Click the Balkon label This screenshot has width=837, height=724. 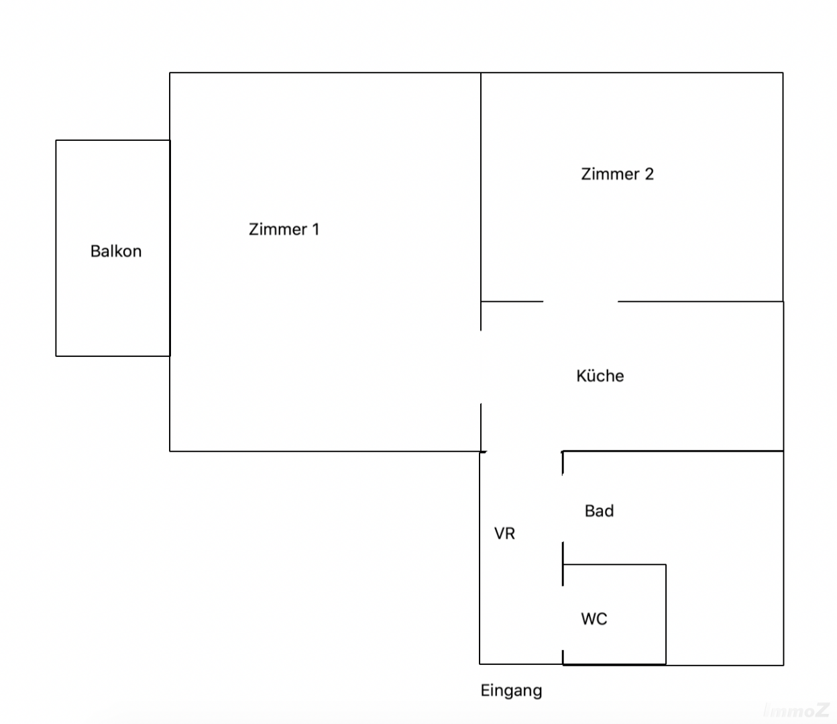(x=116, y=251)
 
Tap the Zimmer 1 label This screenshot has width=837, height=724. (x=284, y=229)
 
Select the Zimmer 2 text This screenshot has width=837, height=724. (x=617, y=174)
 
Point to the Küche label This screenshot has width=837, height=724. (x=600, y=376)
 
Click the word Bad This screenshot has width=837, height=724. (x=599, y=511)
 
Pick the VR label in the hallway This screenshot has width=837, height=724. (x=504, y=533)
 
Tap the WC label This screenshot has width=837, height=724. (x=594, y=619)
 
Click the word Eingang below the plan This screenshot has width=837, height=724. (x=511, y=690)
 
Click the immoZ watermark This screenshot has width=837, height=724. (x=796, y=710)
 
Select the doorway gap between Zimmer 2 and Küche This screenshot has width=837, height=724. (x=580, y=301)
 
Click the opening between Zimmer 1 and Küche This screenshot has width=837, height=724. (x=481, y=367)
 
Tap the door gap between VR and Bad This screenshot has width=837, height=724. (x=563, y=508)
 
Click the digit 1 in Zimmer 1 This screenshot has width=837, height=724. (x=315, y=229)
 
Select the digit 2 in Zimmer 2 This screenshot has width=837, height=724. (x=649, y=174)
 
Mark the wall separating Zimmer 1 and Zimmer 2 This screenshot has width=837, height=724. (x=481, y=188)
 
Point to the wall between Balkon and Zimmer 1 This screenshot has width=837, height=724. (x=170, y=248)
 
